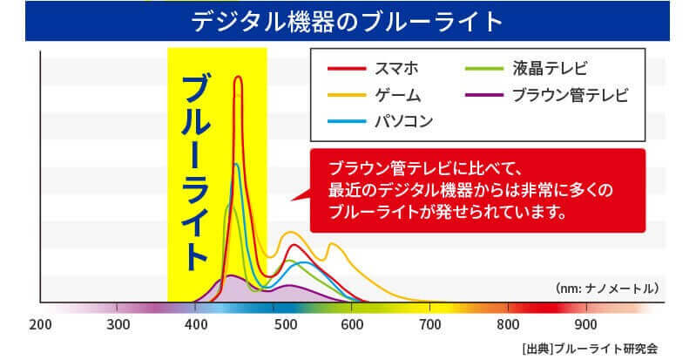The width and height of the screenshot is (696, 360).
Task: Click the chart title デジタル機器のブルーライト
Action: coord(348,19)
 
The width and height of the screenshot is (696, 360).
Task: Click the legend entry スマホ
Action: coord(393,67)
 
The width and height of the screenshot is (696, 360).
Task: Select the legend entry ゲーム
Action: coord(397,94)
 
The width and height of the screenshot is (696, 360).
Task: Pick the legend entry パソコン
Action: coord(403,120)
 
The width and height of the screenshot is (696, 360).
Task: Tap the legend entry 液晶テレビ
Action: coord(552,67)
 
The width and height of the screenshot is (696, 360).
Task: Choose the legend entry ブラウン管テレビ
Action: coord(571,94)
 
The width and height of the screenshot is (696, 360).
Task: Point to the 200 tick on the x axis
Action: coord(40,326)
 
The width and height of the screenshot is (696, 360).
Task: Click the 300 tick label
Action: coord(118,326)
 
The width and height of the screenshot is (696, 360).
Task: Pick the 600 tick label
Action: coord(353,326)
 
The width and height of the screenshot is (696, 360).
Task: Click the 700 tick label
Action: coord(429,326)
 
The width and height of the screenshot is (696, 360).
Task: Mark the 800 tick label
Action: coord(507,326)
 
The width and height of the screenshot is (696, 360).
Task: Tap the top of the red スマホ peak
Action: coord(237,78)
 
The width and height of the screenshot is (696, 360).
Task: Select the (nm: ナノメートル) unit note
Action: coord(605,287)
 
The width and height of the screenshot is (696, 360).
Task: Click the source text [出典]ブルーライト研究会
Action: coord(585,348)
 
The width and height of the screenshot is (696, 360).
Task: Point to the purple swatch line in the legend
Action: coord(484,94)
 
